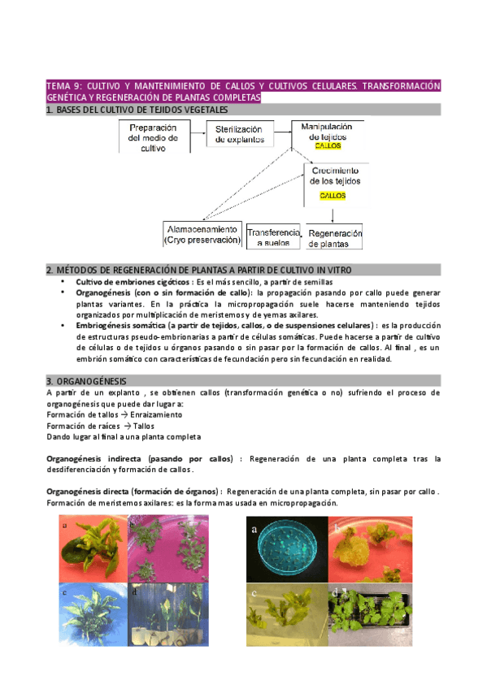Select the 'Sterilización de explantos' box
(x=239, y=134)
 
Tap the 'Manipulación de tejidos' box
(x=327, y=134)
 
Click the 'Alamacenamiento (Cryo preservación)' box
(x=202, y=234)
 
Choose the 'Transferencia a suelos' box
(x=273, y=236)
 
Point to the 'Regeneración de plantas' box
(x=334, y=236)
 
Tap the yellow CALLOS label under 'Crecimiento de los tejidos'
(x=332, y=196)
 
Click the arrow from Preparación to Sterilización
(x=198, y=134)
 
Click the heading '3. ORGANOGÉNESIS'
(x=86, y=380)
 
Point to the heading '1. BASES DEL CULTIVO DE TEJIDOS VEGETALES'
(x=137, y=110)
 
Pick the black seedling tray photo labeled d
(x=355, y=614)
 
